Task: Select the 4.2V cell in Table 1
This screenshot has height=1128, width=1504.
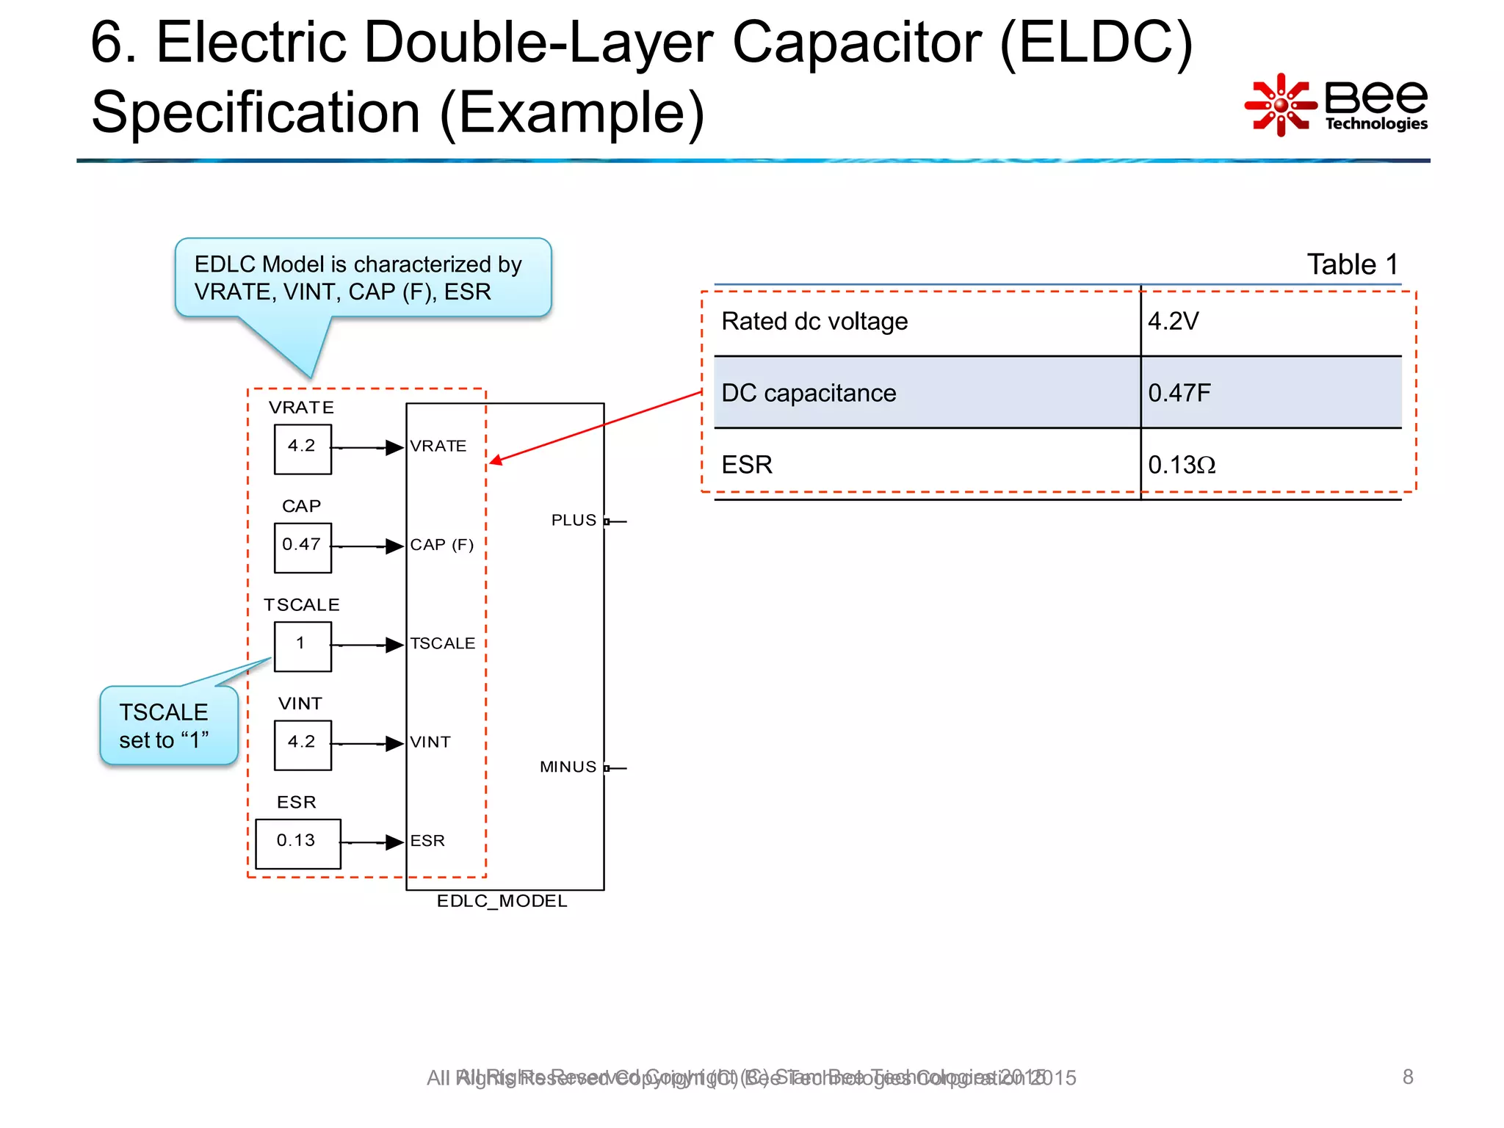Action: (x=1174, y=321)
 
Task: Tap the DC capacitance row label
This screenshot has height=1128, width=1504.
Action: (x=809, y=393)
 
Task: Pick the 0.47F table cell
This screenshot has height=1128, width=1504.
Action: (x=1179, y=393)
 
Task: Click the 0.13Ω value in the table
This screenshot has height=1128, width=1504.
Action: (x=1181, y=465)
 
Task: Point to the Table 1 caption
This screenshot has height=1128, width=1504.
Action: (x=1352, y=264)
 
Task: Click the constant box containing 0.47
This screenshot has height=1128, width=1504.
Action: (x=303, y=547)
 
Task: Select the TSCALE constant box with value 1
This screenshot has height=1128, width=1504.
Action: (x=303, y=646)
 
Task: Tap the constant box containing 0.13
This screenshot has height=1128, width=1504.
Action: (x=297, y=843)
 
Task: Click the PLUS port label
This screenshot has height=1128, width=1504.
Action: (x=574, y=521)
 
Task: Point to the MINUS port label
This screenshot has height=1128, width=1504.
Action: (x=568, y=767)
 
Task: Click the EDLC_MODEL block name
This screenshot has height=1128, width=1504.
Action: (x=502, y=901)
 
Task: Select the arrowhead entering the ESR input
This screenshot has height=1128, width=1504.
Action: (x=395, y=842)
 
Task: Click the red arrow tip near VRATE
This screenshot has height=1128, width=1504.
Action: (x=495, y=461)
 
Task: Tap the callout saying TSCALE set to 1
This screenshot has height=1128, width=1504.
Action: (x=168, y=726)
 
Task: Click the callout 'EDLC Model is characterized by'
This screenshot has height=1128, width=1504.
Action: (x=362, y=278)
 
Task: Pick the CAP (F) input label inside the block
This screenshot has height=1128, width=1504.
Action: (x=441, y=545)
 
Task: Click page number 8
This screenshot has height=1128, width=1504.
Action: (x=1407, y=1077)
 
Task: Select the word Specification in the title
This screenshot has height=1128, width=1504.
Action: (x=255, y=112)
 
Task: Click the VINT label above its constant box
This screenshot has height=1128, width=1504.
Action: (x=300, y=704)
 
